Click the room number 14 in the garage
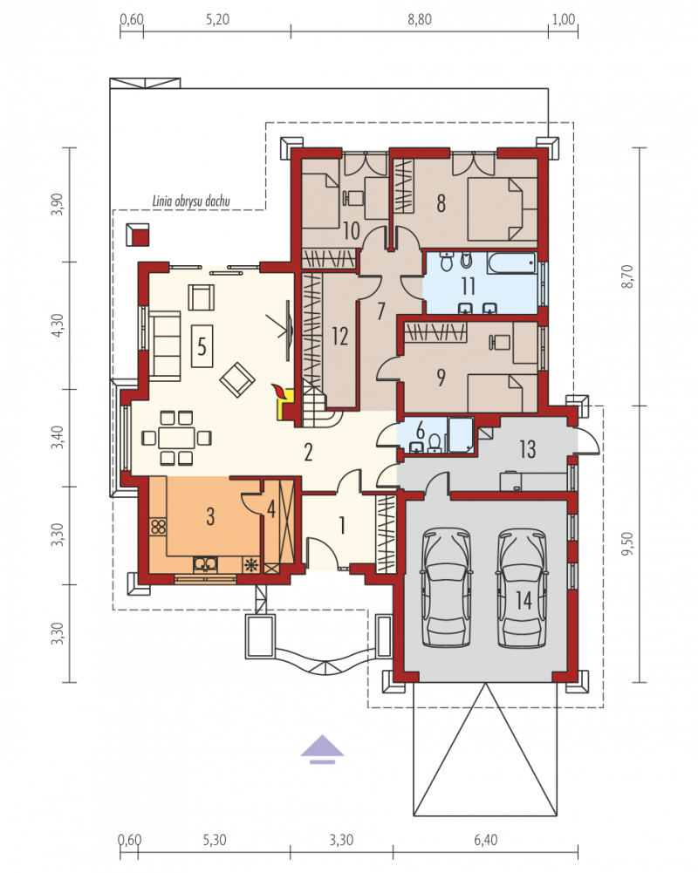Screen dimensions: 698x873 pos(523,600)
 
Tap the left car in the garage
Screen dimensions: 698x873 pos(446,588)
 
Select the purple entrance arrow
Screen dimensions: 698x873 pos(322,749)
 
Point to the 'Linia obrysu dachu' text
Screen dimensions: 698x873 pos(191,201)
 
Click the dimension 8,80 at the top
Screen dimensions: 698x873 pos(420,19)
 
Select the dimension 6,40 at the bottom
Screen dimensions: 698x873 pos(486,839)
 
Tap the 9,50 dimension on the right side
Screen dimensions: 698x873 pos(628,543)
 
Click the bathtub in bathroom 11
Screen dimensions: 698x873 pos(510,263)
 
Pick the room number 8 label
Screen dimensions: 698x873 pos(441,203)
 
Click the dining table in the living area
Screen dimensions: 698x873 pos(176,438)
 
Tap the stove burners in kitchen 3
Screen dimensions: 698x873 pos(158,527)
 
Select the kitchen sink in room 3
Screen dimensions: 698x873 pos(206,564)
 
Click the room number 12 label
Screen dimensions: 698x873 pos(339,336)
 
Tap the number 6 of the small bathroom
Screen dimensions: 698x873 pos(420,429)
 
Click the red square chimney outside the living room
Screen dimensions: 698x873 pos(137,235)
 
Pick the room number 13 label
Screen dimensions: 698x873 pos(527,449)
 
